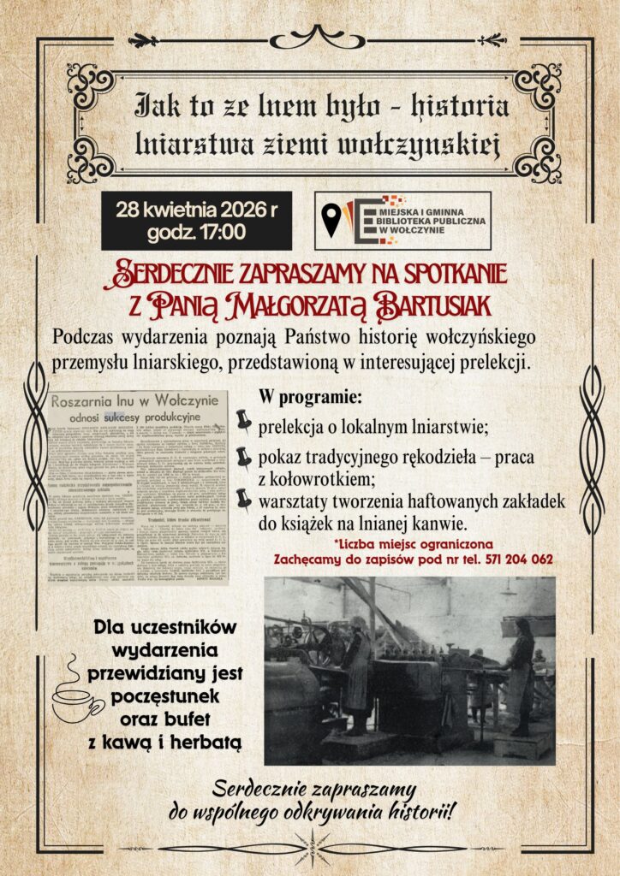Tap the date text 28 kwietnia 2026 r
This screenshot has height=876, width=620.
pos(196,210)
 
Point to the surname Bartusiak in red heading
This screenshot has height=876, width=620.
pos(439,303)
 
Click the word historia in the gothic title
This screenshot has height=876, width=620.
pos(462,107)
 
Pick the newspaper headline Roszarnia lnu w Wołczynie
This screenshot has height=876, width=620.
pos(139,402)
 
